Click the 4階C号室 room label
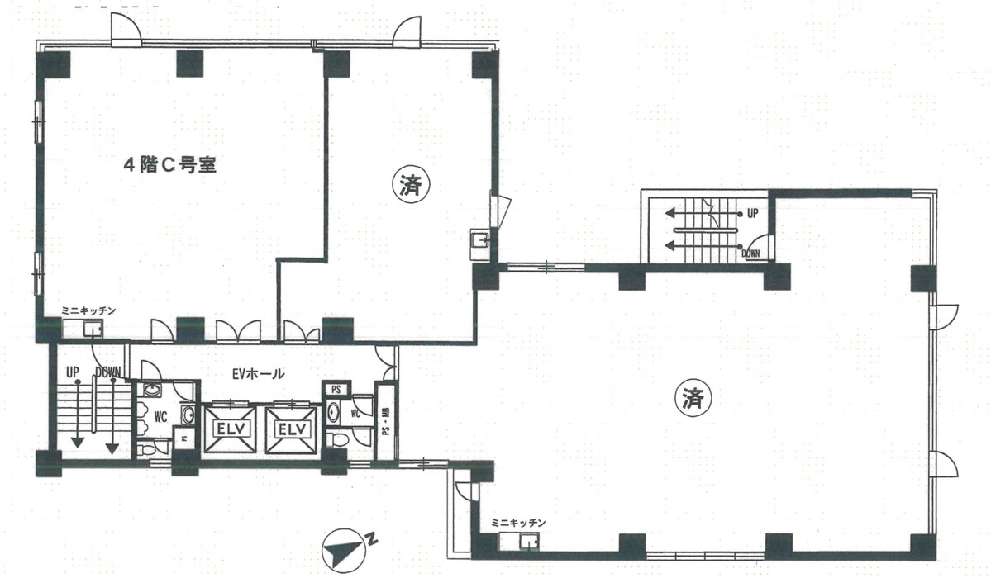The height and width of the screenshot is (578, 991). [x=169, y=165]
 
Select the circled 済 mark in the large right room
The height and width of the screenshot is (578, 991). [x=693, y=399]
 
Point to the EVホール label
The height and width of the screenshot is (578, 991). [x=258, y=374]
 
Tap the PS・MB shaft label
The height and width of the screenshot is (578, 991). [x=386, y=420]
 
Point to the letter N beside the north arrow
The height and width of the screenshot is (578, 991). [x=373, y=542]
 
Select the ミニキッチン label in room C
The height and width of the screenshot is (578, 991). [x=88, y=310]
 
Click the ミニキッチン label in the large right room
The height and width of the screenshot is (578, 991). [x=518, y=523]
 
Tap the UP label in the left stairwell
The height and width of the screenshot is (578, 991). [x=73, y=372]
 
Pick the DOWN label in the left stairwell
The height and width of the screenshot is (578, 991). [x=109, y=372]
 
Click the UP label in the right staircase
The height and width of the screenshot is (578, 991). [x=752, y=213]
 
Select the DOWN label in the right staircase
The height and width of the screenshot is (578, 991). [x=750, y=253]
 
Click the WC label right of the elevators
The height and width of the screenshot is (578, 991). [x=355, y=412]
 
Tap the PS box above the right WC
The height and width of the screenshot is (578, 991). [x=336, y=389]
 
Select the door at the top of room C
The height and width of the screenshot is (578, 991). [x=127, y=31]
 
